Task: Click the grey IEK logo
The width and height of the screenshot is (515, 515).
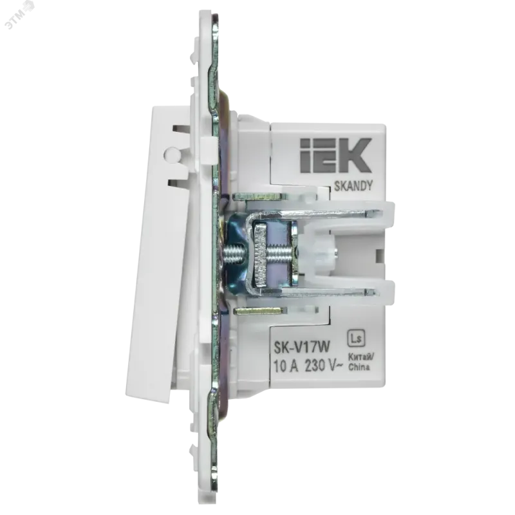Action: pos(335,155)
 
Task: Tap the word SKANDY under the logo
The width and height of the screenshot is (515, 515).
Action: pos(353,186)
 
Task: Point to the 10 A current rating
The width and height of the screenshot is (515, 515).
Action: pos(286,366)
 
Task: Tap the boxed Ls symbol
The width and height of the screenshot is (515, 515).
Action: pos(357,339)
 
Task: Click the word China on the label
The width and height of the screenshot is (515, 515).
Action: pos(359,366)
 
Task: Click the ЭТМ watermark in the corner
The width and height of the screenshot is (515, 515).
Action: pos(21,16)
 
